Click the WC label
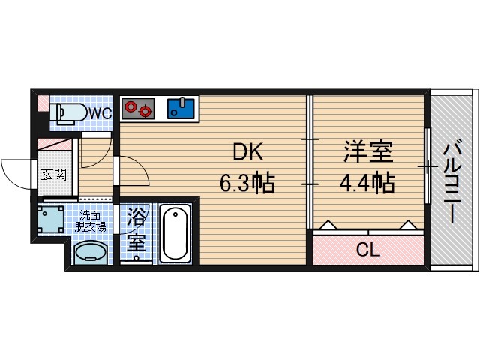coord(100,114)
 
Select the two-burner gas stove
coord(137,108)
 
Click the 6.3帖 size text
coord(246,184)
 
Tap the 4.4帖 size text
coord(367,184)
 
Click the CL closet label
coord(367,250)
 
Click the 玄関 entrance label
coord(52,175)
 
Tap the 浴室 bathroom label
coord(136,230)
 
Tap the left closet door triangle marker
coord(328,224)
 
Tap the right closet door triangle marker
coord(408,224)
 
